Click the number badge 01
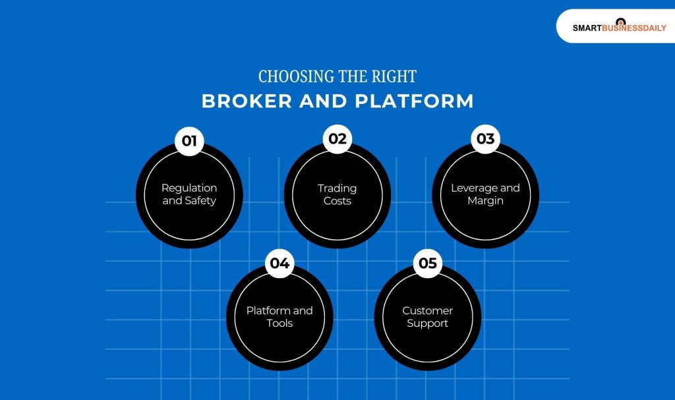(189, 140)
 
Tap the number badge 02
(337, 138)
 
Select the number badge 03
(485, 138)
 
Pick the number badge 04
(279, 263)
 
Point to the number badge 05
(428, 263)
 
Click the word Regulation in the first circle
(189, 188)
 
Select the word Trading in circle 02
(337, 188)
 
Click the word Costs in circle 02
(337, 200)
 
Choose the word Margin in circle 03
(485, 200)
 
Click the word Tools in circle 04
(279, 323)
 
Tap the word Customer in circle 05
(428, 310)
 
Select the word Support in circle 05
(428, 323)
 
